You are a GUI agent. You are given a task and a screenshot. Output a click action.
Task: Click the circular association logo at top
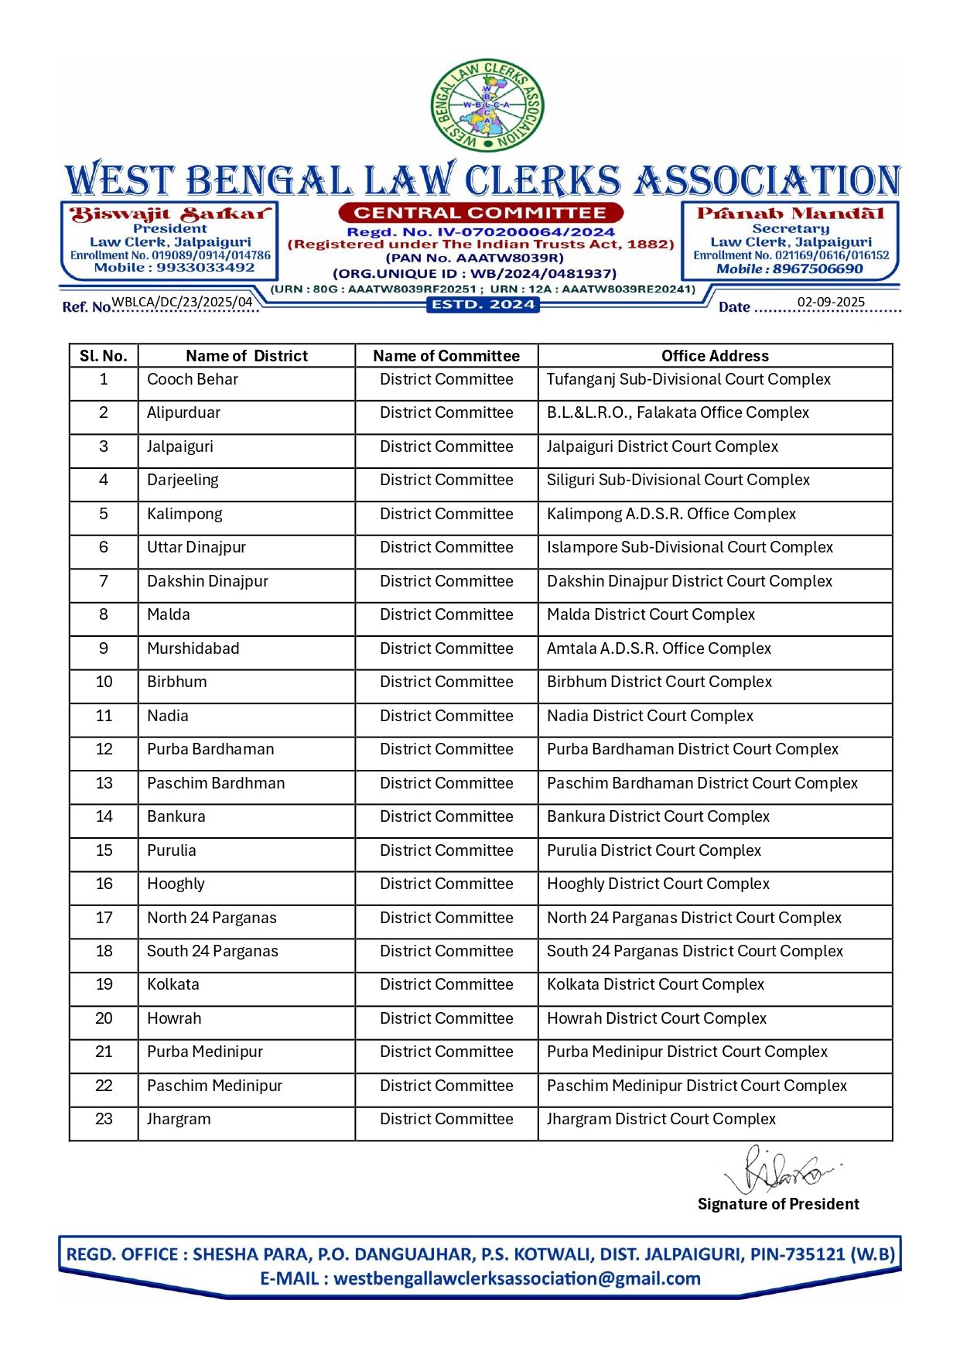(487, 105)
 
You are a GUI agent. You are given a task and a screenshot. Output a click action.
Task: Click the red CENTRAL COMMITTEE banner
(480, 213)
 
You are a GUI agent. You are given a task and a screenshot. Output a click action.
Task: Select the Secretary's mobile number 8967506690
(817, 269)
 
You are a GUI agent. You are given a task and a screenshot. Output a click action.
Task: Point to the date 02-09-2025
(831, 303)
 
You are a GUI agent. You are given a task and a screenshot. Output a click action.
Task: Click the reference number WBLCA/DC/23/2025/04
(183, 302)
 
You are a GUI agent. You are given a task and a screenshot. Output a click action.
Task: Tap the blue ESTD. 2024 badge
(483, 305)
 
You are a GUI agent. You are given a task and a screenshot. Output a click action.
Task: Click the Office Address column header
(715, 356)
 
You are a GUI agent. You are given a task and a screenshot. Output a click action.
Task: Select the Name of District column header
(246, 356)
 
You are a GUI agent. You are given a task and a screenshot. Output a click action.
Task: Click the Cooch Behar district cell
(193, 380)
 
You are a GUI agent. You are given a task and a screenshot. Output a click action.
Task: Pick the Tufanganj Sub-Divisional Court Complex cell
(688, 380)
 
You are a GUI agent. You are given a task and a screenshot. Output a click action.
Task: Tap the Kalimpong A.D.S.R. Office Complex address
(671, 515)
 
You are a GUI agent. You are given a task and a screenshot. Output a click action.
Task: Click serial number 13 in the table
(104, 784)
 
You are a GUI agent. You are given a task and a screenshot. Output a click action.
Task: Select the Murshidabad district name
(193, 649)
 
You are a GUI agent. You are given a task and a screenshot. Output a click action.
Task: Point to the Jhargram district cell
(179, 1120)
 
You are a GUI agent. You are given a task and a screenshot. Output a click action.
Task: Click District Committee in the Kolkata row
(446, 985)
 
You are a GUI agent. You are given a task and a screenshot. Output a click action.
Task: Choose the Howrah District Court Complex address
(657, 1019)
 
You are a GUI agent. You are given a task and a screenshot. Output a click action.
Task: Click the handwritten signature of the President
(777, 1171)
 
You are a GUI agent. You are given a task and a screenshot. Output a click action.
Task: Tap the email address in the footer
(517, 1279)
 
